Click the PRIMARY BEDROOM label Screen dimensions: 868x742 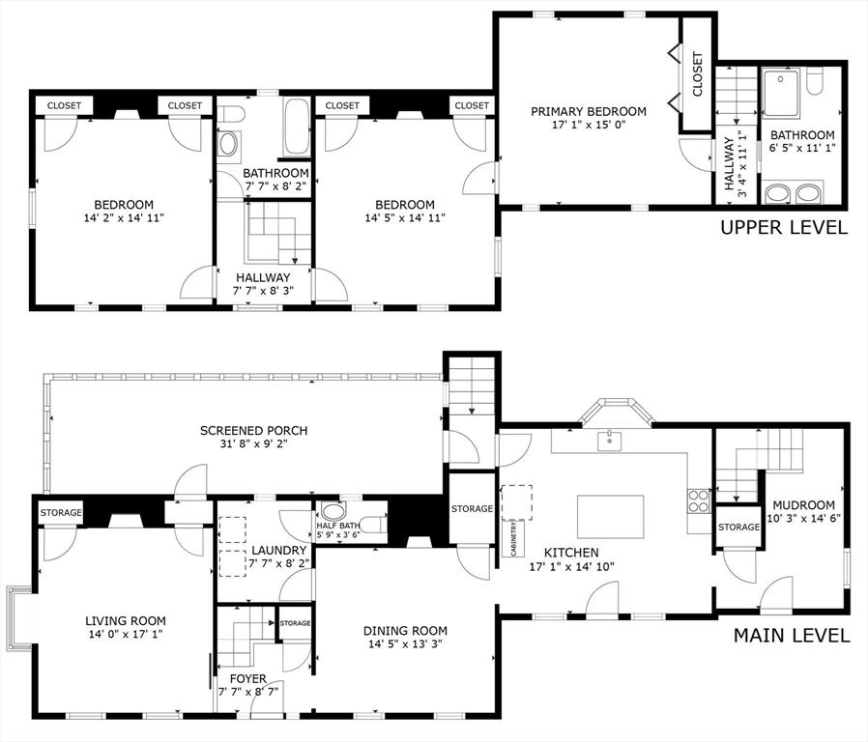click(589, 112)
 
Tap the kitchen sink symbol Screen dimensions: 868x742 click(609, 441)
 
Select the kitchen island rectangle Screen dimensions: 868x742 click(610, 517)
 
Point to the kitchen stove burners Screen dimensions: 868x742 click(699, 501)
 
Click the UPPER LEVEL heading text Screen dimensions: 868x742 click(784, 227)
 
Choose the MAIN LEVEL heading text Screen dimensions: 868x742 click(792, 635)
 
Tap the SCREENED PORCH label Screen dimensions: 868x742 click(253, 431)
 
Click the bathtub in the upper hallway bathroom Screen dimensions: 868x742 click(298, 128)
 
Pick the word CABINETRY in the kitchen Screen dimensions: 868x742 click(514, 538)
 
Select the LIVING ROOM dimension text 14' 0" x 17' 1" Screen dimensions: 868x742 click(126, 634)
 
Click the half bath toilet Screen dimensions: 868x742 click(376, 523)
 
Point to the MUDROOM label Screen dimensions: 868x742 click(804, 505)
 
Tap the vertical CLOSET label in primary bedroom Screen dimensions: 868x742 click(698, 74)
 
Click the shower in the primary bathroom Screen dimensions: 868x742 click(781, 92)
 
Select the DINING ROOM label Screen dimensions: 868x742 click(405, 631)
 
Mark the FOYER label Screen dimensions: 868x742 click(248, 679)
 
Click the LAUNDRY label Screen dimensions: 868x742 click(279, 551)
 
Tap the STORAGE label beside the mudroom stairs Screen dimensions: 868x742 click(739, 528)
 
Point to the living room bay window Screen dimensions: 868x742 click(19, 618)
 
